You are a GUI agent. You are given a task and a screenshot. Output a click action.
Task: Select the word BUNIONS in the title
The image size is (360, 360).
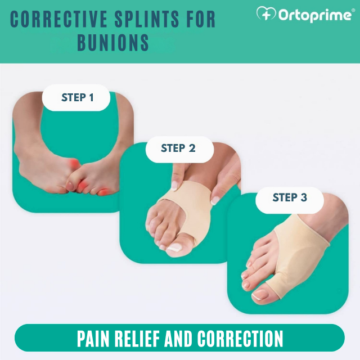(113, 42)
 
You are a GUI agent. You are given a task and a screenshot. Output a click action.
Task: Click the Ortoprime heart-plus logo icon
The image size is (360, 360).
(266, 14)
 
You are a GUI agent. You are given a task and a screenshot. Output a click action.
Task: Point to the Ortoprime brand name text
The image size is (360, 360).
(315, 15)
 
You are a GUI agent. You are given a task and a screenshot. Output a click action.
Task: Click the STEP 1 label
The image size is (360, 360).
(78, 98)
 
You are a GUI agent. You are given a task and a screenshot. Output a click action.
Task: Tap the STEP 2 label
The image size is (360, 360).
(178, 148)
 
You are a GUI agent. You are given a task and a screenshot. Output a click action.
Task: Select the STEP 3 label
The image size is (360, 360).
(290, 197)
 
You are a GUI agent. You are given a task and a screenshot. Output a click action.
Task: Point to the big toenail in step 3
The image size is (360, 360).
(261, 293)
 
